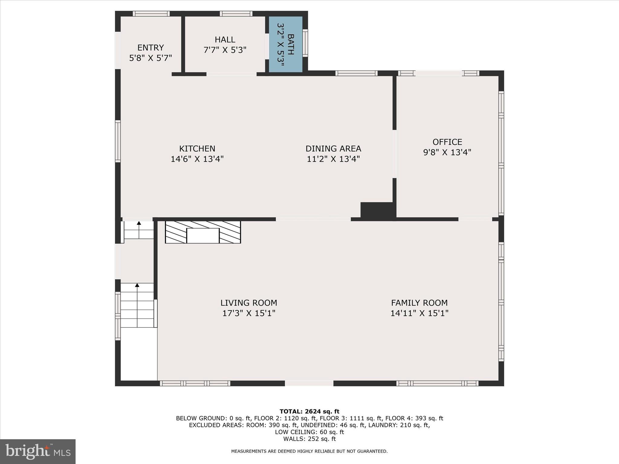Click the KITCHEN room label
[x=197, y=149]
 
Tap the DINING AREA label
[x=333, y=149]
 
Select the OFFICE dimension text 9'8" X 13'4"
[x=447, y=152]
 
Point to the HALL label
[x=225, y=40]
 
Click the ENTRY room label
[x=151, y=48]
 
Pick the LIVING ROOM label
[x=248, y=303]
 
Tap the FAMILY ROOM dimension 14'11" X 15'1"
[x=419, y=313]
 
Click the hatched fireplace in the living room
[x=203, y=232]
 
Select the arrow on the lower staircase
[x=137, y=285]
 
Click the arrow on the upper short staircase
[x=139, y=223]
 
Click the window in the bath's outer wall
[x=305, y=43]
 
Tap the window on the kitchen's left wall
[x=118, y=141]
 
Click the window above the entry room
[x=151, y=14]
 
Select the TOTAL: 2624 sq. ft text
[x=309, y=411]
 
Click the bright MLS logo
[x=38, y=451]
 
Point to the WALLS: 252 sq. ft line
[x=309, y=439]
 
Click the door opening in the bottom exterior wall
[x=309, y=383]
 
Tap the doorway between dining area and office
[x=394, y=154]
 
